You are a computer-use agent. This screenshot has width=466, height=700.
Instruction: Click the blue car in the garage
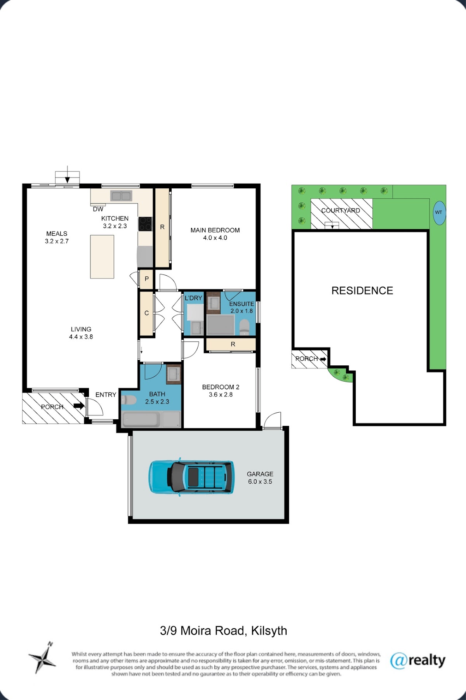click(x=191, y=477)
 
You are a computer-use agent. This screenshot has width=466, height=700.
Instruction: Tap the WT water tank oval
click(x=439, y=212)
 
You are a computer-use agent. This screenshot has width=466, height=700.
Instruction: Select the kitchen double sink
click(x=121, y=196)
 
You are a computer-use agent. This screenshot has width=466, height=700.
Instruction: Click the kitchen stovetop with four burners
click(x=145, y=224)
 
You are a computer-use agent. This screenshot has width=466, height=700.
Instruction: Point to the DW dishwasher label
click(x=98, y=209)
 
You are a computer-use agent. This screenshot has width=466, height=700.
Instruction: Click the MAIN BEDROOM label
click(x=215, y=230)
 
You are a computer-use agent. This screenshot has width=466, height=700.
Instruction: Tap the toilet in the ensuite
click(x=244, y=327)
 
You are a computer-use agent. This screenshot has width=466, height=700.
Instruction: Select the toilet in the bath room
click(x=128, y=400)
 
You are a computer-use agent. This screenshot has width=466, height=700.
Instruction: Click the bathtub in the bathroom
click(x=141, y=420)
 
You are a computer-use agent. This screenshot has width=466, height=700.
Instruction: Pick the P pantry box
click(x=146, y=279)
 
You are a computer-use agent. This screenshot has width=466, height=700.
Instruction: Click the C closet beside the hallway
click(x=146, y=313)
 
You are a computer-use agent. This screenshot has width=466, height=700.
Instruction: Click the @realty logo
click(x=417, y=660)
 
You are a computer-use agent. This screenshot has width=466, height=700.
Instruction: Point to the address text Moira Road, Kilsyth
click(x=234, y=631)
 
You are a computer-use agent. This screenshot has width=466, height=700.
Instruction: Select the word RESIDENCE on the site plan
click(x=362, y=290)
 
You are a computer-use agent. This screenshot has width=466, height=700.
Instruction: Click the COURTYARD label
click(x=341, y=210)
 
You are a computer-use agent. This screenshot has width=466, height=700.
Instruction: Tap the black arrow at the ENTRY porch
click(x=79, y=406)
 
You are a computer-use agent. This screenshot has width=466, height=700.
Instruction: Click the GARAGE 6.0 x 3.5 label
click(x=260, y=478)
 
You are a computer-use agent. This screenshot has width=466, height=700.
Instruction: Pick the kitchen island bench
click(x=102, y=257)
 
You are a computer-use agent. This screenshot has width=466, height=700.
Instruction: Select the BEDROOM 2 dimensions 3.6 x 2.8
click(x=221, y=394)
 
